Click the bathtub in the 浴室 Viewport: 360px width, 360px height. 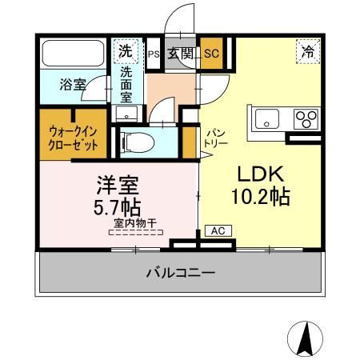(x=73, y=55)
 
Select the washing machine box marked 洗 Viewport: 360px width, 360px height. (x=125, y=50)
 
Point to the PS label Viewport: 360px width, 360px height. (x=153, y=54)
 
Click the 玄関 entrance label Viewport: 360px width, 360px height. (x=181, y=54)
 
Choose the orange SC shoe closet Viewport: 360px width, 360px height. (x=211, y=54)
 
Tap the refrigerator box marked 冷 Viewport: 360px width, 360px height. (x=307, y=51)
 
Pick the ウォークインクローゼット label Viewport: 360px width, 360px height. (x=74, y=136)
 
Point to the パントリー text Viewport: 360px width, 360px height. (x=217, y=137)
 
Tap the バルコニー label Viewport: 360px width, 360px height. (x=180, y=273)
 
